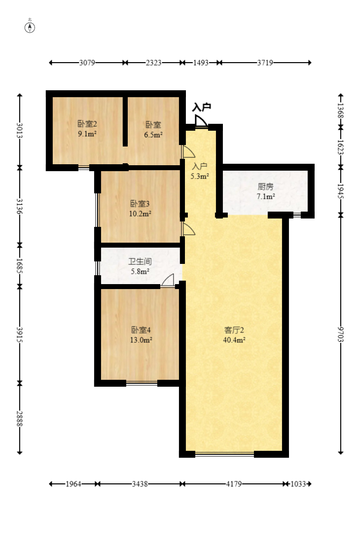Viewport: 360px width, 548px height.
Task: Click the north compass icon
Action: pos(30,27)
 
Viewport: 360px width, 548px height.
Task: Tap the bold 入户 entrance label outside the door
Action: pos(201,107)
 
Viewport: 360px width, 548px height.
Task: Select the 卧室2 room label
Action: pos(86,124)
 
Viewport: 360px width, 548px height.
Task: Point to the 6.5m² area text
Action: pos(154,134)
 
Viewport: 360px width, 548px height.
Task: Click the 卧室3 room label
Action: pos(140,204)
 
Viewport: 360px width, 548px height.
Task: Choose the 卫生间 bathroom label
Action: pos(139,262)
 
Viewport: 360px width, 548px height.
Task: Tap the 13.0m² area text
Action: pos(141,339)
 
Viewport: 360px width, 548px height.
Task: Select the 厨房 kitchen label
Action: pos(265,186)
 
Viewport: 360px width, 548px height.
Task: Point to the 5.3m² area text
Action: pos(200,175)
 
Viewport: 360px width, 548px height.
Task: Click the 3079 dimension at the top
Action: pos(87,63)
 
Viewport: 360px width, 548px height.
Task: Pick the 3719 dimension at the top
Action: pos(265,63)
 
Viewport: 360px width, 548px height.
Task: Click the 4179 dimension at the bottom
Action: pos(234,484)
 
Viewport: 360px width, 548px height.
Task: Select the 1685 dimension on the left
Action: pos(20,265)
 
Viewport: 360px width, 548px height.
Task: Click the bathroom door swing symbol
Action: pos(168,280)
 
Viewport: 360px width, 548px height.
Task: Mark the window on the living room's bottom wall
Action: pos(224,454)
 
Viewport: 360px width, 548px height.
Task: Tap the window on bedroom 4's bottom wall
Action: pos(142,383)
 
